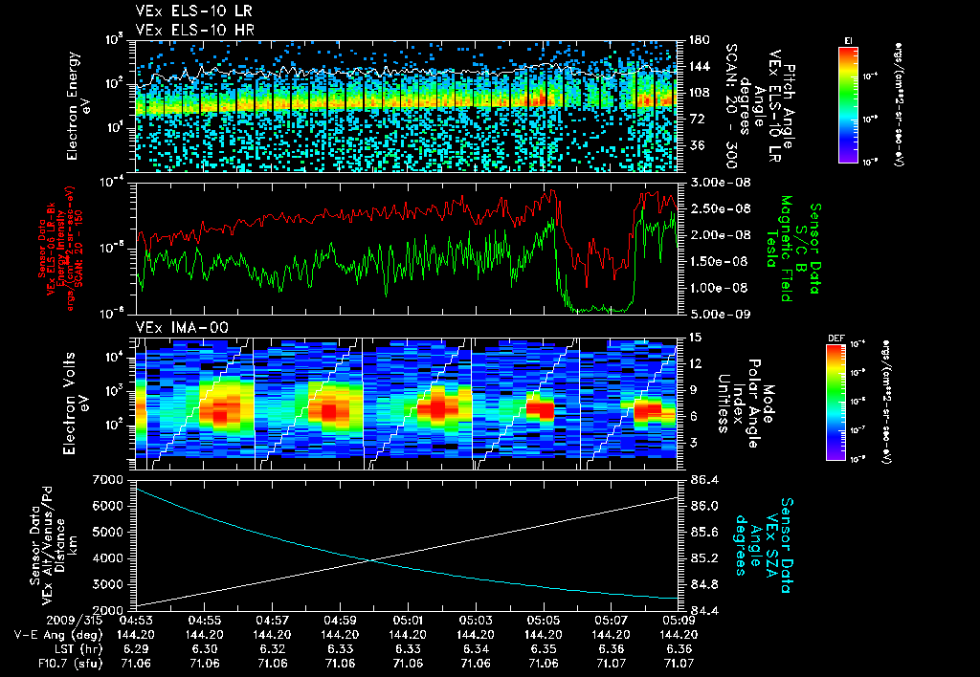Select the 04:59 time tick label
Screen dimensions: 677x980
(341, 619)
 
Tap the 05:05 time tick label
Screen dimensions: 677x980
(544, 619)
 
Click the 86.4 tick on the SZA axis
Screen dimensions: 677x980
(706, 478)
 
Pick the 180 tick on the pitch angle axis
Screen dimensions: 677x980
(698, 40)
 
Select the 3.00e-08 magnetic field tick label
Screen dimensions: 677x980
(716, 182)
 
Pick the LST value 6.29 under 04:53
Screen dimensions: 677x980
(137, 647)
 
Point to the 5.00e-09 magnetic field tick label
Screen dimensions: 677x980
(716, 313)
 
